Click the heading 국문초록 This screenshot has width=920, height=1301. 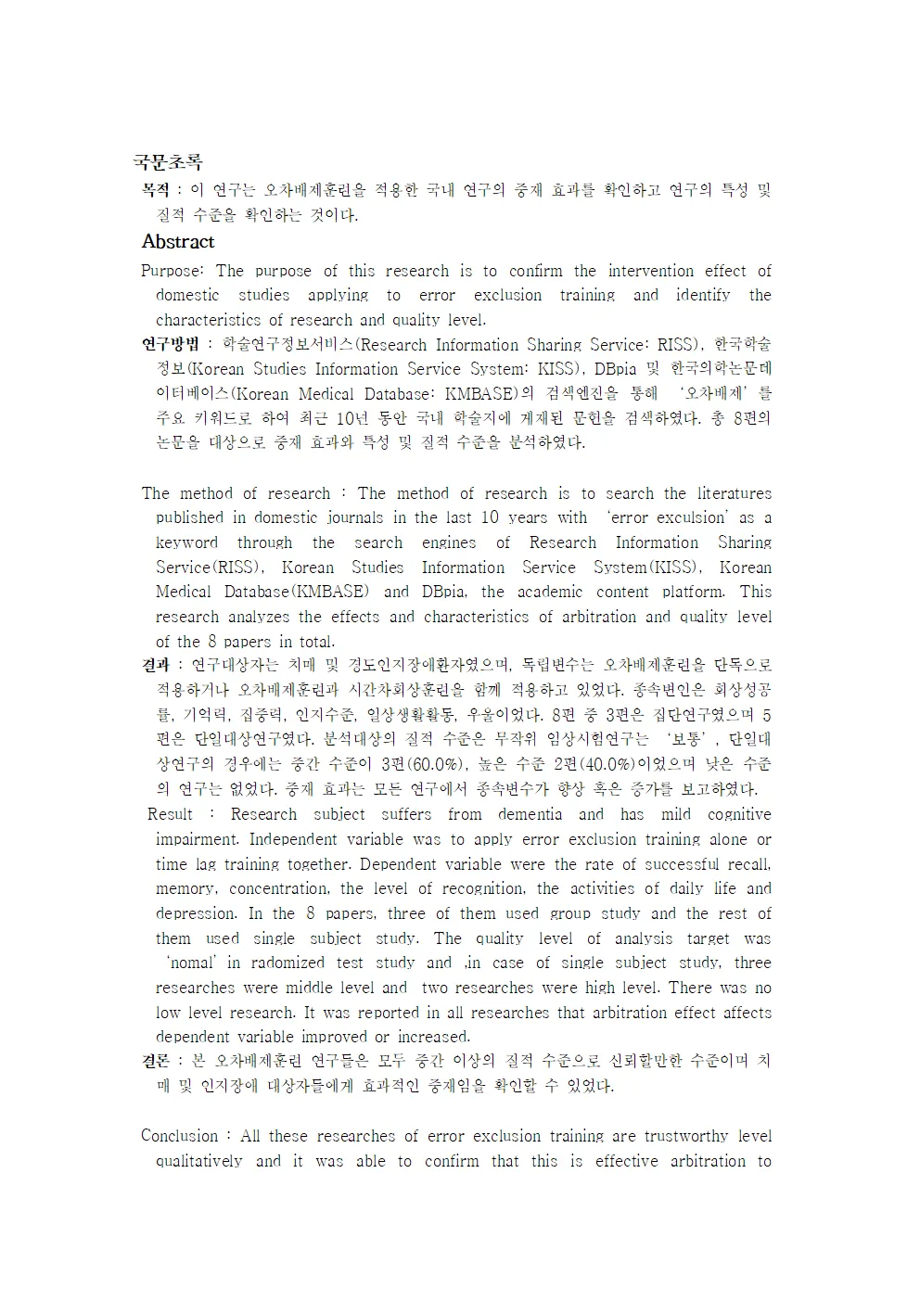[167, 163]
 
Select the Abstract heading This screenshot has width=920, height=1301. [177, 242]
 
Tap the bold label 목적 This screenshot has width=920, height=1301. [155, 190]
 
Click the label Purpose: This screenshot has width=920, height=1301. [172, 271]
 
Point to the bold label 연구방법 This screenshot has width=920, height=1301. [170, 345]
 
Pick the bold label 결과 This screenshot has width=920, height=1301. [155, 665]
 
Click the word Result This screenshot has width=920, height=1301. [171, 814]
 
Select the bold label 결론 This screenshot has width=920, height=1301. [155, 1061]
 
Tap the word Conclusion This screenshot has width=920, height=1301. [180, 1136]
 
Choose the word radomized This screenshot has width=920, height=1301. [287, 963]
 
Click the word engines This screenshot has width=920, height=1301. [449, 542]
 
